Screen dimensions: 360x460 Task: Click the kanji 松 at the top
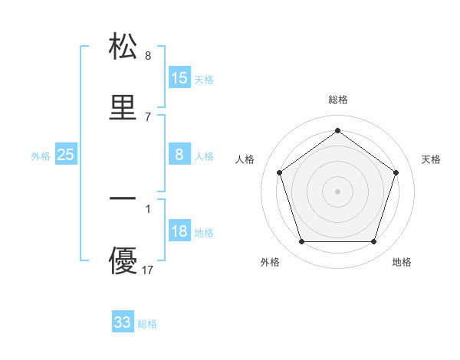pos(123,47)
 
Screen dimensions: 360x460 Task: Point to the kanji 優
pos(123,260)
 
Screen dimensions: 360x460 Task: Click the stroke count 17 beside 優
pos(148,270)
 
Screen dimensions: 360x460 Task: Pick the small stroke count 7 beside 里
pos(148,116)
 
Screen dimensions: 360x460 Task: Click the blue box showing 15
pos(179,78)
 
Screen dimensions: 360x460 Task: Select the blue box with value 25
pos(66,155)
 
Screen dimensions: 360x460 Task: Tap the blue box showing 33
pos(123,322)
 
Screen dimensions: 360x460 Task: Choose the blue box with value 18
pos(179,231)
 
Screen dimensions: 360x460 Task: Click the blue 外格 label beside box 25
pos(41,156)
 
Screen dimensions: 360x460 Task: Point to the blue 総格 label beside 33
pos(147,324)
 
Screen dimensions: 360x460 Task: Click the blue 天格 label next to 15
pos(204,80)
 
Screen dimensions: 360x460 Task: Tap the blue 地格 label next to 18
pos(204,233)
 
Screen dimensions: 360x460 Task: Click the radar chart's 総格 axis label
pos(338,100)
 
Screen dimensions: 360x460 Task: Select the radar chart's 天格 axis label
pos(432,159)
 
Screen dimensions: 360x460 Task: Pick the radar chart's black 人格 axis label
pos(245,159)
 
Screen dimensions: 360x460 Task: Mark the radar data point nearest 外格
pos(301,242)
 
